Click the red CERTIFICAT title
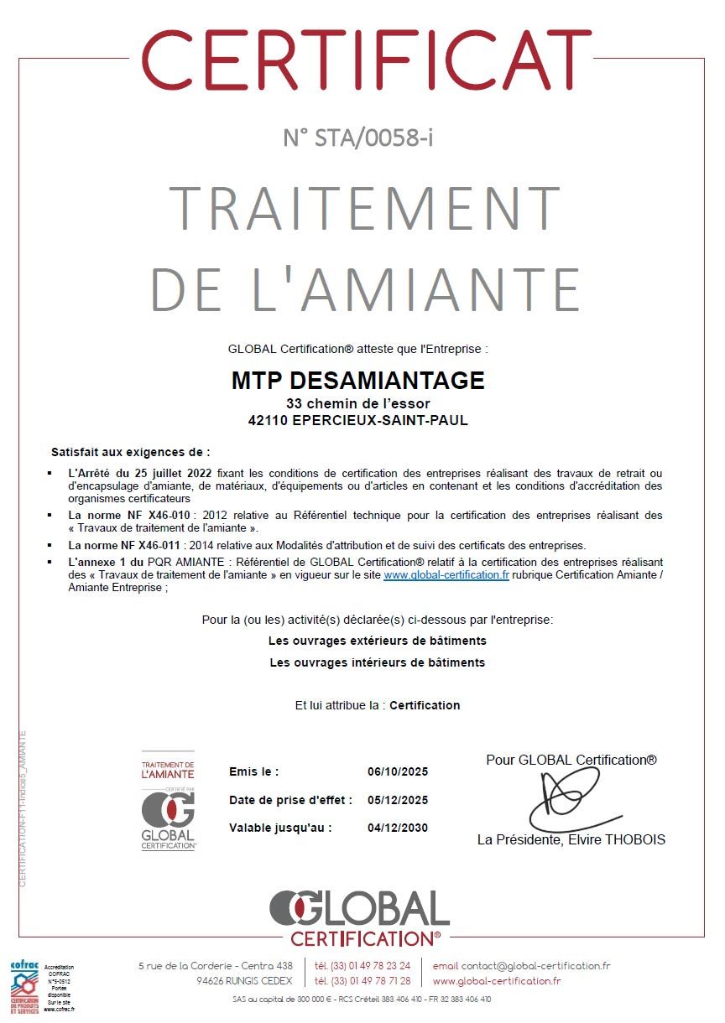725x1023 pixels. (362, 60)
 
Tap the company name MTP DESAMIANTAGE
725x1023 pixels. (358, 381)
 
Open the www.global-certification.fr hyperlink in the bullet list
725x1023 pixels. (446, 575)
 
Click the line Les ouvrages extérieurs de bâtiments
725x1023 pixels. (377, 641)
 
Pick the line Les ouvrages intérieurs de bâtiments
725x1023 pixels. (377, 662)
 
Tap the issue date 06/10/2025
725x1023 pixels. (398, 771)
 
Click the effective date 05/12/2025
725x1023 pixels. (398, 800)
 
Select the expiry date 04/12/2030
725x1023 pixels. (398, 828)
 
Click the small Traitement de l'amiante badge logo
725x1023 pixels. (168, 802)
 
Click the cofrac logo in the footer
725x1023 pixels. (24, 988)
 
